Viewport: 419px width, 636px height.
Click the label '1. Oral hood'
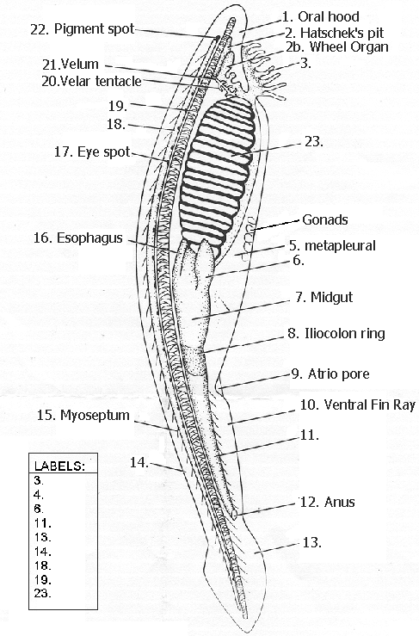point(321,15)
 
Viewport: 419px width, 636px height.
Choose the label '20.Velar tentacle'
point(90,81)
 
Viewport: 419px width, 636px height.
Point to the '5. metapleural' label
point(331,245)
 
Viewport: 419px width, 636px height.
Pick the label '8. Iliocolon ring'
point(336,333)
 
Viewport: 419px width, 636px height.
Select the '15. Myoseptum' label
point(83,416)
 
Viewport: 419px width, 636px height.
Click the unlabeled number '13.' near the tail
point(311,542)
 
